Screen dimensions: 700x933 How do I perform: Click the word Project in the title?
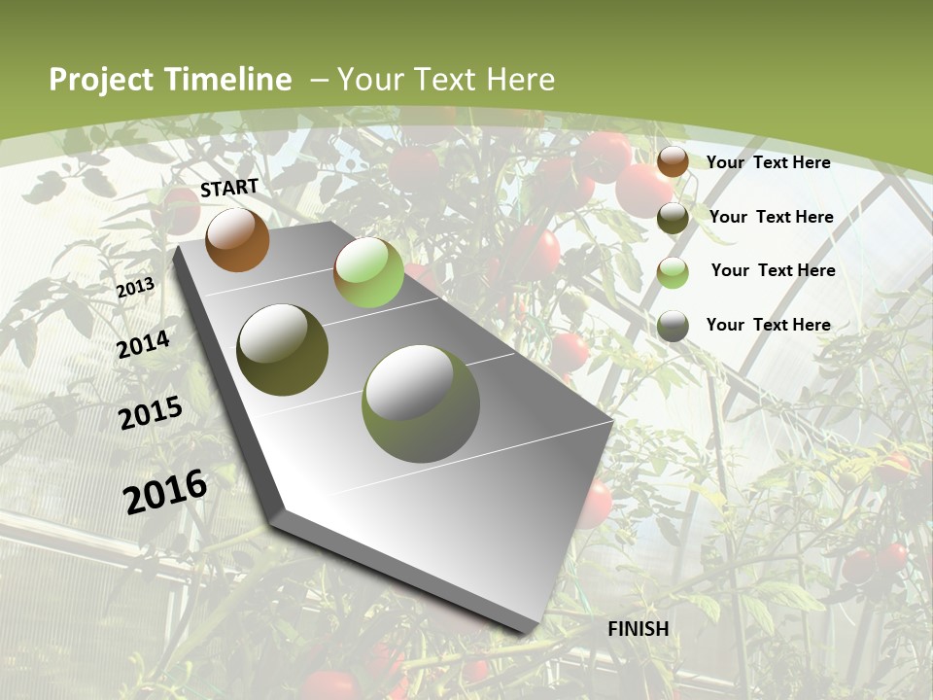100,80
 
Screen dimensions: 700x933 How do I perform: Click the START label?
229,188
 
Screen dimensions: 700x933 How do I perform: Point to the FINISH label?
639,629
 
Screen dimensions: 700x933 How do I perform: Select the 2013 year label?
135,288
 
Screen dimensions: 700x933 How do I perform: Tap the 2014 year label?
143,344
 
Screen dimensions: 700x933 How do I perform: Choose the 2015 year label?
150,413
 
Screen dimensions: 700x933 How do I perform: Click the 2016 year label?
165,492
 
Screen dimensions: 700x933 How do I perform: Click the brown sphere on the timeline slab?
237,239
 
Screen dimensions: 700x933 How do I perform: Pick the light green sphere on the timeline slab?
368,272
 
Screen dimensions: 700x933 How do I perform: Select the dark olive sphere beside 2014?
283,350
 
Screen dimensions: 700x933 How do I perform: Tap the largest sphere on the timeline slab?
421,403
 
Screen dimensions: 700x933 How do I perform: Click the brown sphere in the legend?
673,161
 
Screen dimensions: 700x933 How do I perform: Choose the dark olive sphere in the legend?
673,218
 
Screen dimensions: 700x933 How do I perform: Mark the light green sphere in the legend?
673,272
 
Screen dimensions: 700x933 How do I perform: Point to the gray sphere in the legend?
673,327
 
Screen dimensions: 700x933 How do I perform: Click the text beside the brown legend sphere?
768,162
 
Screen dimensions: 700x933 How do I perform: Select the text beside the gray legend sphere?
768,325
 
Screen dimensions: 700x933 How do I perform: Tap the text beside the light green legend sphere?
773,270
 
